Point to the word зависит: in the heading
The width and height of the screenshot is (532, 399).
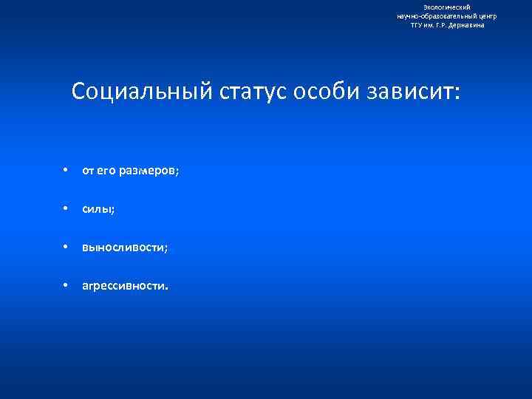pos(411,92)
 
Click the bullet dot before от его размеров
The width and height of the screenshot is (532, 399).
pos(66,170)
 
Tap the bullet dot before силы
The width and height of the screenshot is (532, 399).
pos(66,208)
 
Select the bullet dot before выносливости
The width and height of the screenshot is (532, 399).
pos(66,247)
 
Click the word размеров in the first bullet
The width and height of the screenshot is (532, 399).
pos(151,171)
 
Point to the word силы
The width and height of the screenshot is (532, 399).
pos(98,209)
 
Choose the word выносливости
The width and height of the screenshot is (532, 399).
pos(125,248)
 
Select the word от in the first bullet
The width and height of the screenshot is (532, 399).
pos(88,171)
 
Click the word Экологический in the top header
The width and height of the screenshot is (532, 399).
pos(446,7)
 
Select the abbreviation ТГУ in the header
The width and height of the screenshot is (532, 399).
pos(417,25)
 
